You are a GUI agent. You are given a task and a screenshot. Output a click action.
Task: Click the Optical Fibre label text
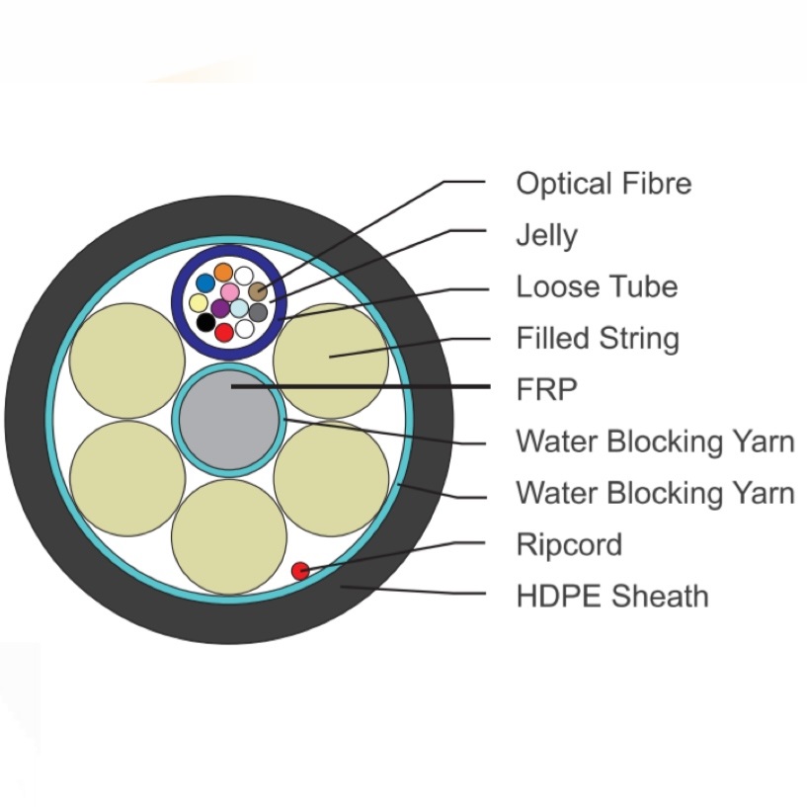coord(604,184)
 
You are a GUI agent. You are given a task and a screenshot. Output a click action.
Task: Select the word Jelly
coord(546,236)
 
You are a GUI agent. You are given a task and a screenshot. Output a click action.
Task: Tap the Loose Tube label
coord(597,287)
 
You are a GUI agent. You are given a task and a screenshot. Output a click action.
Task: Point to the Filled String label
coord(598,339)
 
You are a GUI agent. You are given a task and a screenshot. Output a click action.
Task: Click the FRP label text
coord(545,390)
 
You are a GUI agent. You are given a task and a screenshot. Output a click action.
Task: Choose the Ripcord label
coord(569,544)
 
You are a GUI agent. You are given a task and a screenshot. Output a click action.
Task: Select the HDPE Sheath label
coord(611,597)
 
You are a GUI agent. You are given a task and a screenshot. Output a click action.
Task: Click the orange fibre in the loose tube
coord(224,272)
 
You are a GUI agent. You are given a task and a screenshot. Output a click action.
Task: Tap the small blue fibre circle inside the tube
coord(205,283)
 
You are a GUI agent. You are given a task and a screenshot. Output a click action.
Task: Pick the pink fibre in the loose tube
coord(229,292)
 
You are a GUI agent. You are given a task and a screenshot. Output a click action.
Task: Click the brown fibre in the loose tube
coord(258,291)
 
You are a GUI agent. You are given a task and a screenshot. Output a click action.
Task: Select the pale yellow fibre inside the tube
coord(199,303)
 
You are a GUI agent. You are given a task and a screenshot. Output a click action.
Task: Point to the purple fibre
coord(220,308)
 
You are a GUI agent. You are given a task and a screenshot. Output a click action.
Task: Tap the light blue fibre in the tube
coord(239,308)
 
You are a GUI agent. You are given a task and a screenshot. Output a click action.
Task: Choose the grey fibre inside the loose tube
coord(258,312)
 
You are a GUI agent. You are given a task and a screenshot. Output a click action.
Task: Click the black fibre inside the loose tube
coord(205,322)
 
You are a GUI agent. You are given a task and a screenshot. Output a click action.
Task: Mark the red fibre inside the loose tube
coord(224,332)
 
